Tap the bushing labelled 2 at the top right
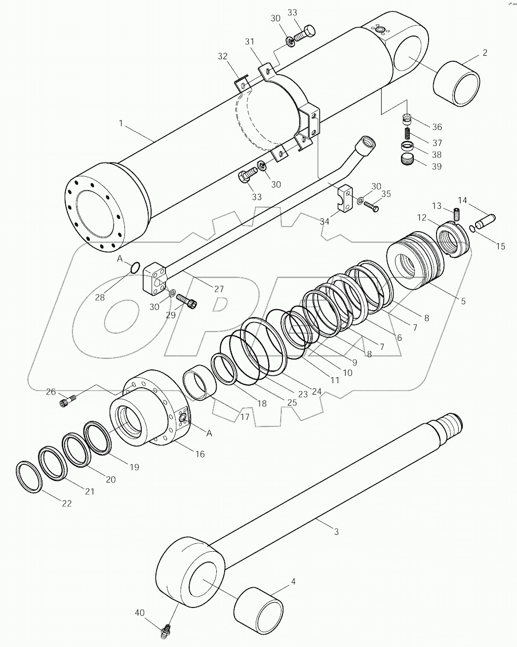457,82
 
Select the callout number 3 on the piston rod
336,532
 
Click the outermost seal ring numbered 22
29,477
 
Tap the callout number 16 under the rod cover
199,453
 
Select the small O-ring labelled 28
134,268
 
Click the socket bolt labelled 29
187,300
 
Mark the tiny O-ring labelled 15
473,228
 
